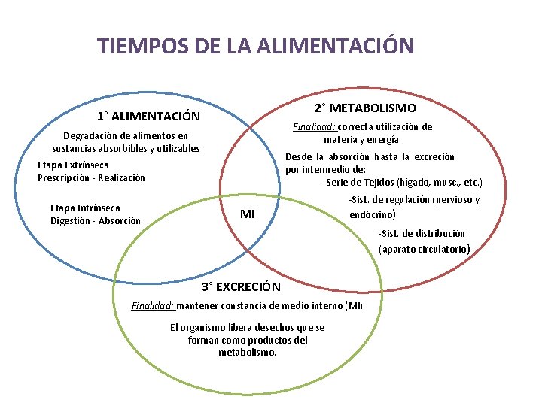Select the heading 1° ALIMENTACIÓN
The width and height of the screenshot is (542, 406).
[x=148, y=117]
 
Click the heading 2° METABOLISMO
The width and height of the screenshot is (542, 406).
[x=365, y=108]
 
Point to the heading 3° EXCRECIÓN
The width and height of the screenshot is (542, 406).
[x=241, y=286]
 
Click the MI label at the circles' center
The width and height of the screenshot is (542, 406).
[x=248, y=214]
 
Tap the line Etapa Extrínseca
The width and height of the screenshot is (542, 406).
[x=73, y=165]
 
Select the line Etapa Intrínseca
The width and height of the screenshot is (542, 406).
[x=85, y=208]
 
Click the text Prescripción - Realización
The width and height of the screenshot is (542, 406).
[x=91, y=178]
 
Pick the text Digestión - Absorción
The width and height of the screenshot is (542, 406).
[x=96, y=220]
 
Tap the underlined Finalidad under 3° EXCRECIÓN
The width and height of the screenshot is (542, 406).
[x=153, y=305]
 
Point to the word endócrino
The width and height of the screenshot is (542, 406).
[x=373, y=214]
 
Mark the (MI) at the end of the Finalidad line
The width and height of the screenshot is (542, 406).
[x=354, y=305]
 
